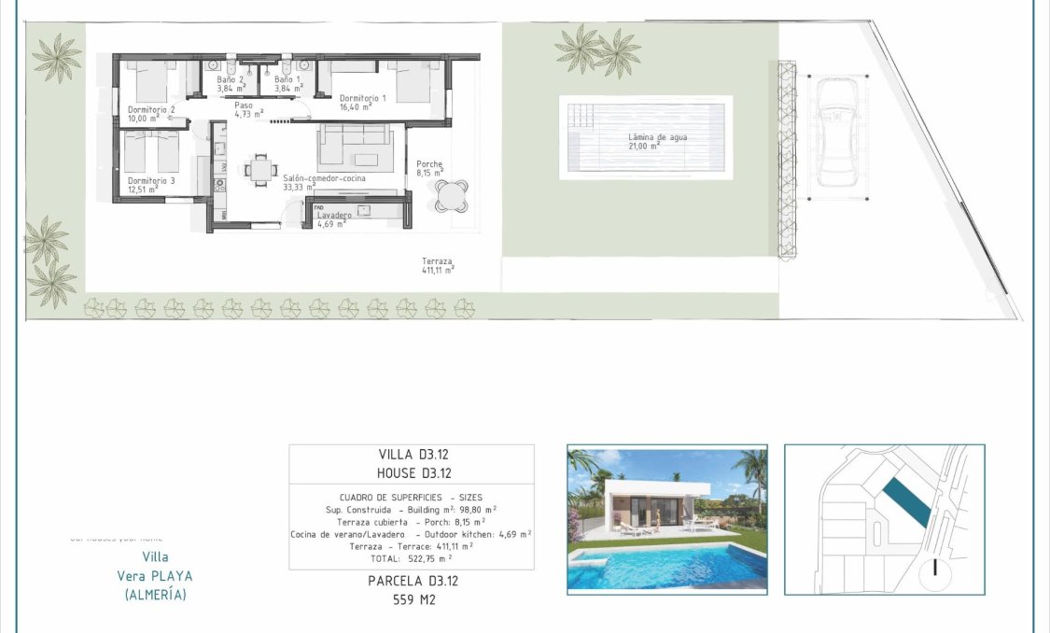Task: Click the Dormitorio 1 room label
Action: (362, 98)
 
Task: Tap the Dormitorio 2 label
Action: (151, 110)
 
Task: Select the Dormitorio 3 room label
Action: (151, 180)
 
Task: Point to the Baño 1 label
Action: (287, 80)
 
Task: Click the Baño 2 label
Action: (231, 80)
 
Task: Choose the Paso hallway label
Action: (244, 105)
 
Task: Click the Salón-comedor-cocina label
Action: (324, 177)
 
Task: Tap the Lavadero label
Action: (333, 216)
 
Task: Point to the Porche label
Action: (429, 164)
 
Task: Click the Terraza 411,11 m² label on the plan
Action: (437, 262)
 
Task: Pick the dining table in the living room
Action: (259, 170)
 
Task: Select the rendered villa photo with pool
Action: (666, 518)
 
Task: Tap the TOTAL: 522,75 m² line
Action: (412, 557)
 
